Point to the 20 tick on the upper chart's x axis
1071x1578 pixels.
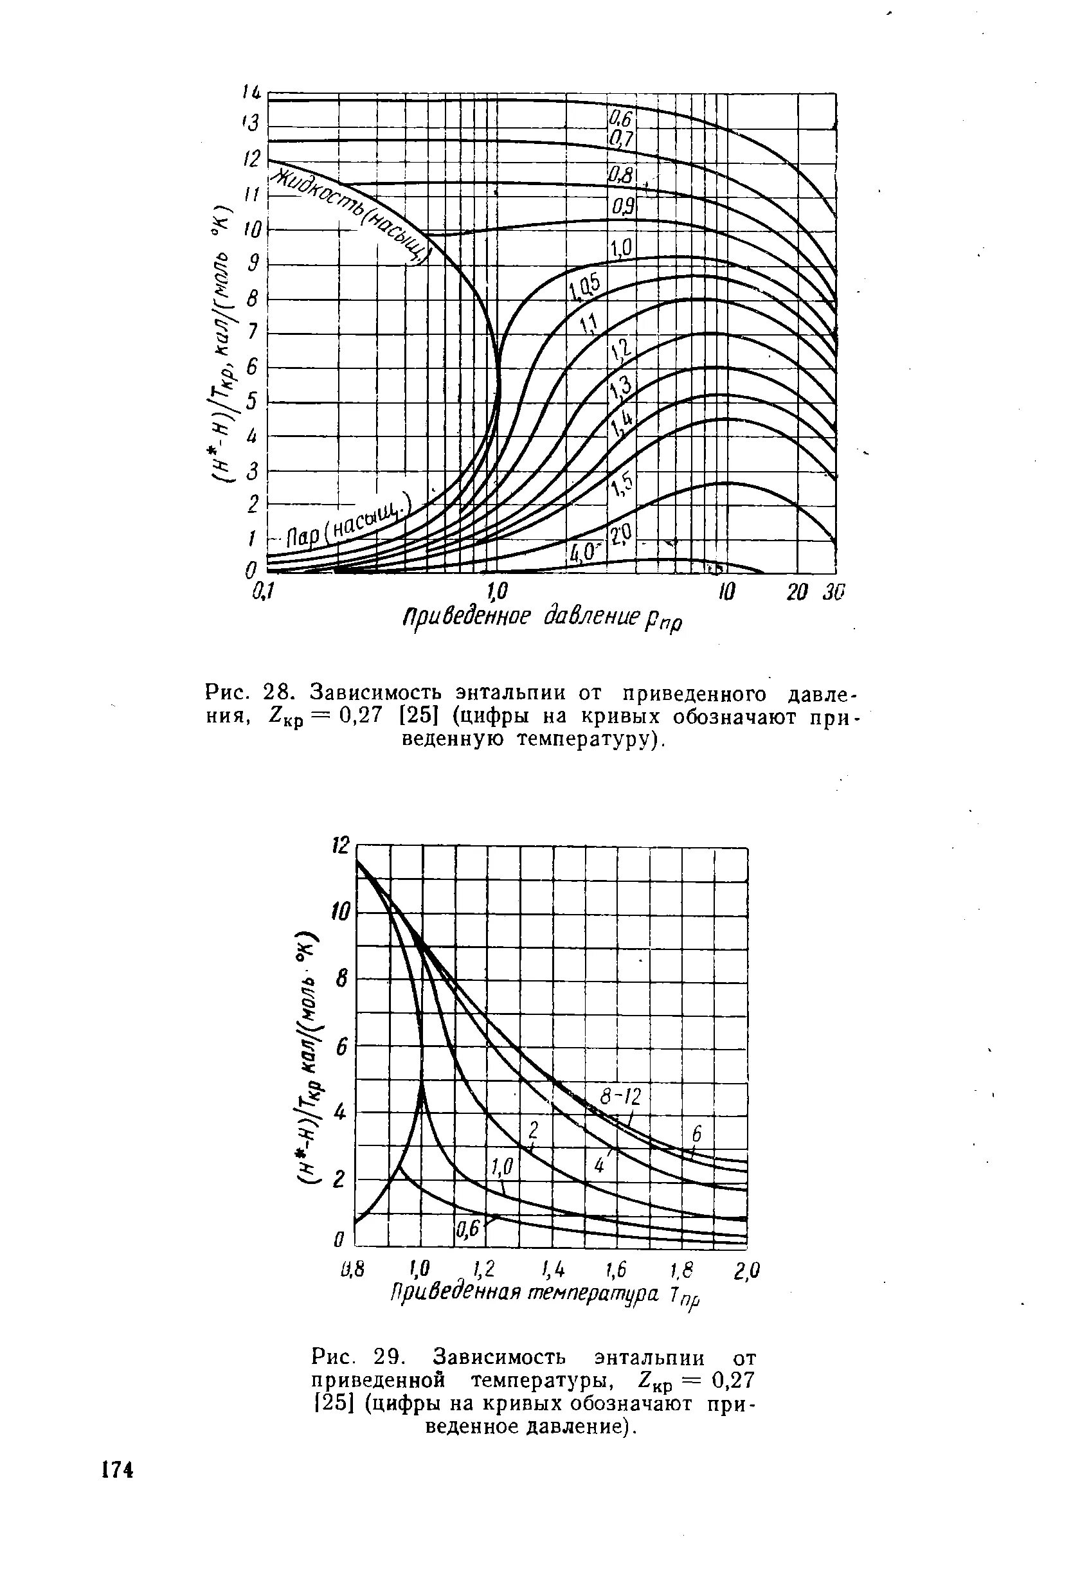pos(798,592)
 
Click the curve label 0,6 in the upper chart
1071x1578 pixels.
pos(621,120)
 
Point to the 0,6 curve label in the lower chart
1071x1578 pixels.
pos(468,1228)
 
